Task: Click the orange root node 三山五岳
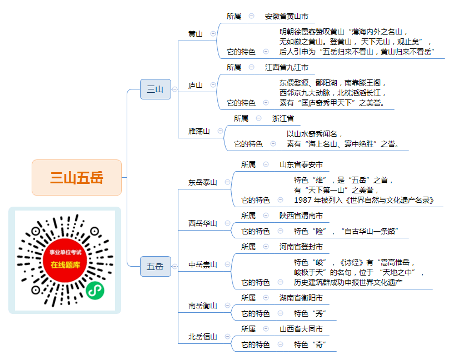(x=77, y=177)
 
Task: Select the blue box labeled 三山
(x=156, y=89)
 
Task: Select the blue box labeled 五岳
(x=156, y=266)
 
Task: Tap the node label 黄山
(x=196, y=34)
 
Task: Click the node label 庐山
(x=196, y=85)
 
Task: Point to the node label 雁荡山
(x=199, y=131)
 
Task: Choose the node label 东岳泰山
(x=203, y=182)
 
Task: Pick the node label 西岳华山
(x=203, y=223)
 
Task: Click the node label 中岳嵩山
(x=203, y=264)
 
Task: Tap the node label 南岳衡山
(x=203, y=306)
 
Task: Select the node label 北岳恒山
(x=203, y=337)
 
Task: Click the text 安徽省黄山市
(x=287, y=16)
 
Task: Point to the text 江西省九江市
(x=287, y=67)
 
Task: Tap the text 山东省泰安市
(x=301, y=164)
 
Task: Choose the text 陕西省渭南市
(x=301, y=216)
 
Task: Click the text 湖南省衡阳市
(x=301, y=298)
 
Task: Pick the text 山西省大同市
(x=301, y=329)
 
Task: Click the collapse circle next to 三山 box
(x=174, y=89)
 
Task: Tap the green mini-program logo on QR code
(x=95, y=291)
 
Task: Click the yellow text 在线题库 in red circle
(x=65, y=265)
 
